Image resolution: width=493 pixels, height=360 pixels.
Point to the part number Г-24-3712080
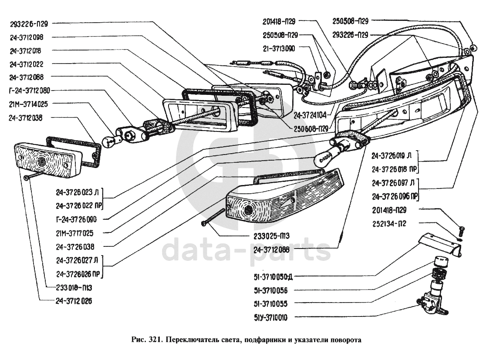pyautogui.click(x=30, y=91)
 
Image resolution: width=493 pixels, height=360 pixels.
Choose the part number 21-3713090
pyautogui.click(x=280, y=49)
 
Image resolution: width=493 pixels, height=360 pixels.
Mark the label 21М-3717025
pyautogui.click(x=75, y=233)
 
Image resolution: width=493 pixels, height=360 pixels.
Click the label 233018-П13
pyautogui.click(x=74, y=287)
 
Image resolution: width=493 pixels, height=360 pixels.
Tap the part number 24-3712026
pyautogui.click(x=74, y=301)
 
